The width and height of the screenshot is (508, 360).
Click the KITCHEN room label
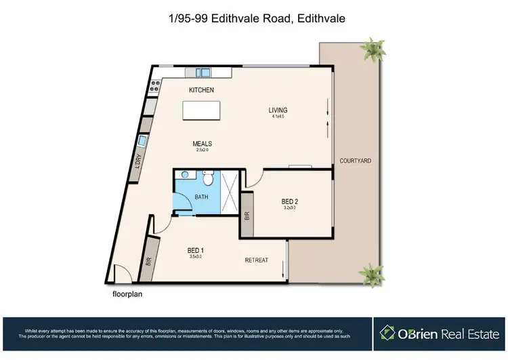201,90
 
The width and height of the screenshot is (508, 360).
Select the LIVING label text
278,110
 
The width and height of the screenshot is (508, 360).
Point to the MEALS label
203,144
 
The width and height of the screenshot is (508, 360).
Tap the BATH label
201,197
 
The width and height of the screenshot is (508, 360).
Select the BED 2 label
290,201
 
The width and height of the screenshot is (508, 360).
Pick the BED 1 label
196,251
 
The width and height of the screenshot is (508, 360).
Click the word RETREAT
257,260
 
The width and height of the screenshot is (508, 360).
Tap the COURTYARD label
355,161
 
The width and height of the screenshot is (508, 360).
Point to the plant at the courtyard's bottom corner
371,274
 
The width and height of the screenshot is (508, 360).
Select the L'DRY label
137,166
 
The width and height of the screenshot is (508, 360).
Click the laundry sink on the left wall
142,142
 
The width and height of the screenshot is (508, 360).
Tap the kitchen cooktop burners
154,85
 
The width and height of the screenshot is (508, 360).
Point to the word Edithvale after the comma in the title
318,20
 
